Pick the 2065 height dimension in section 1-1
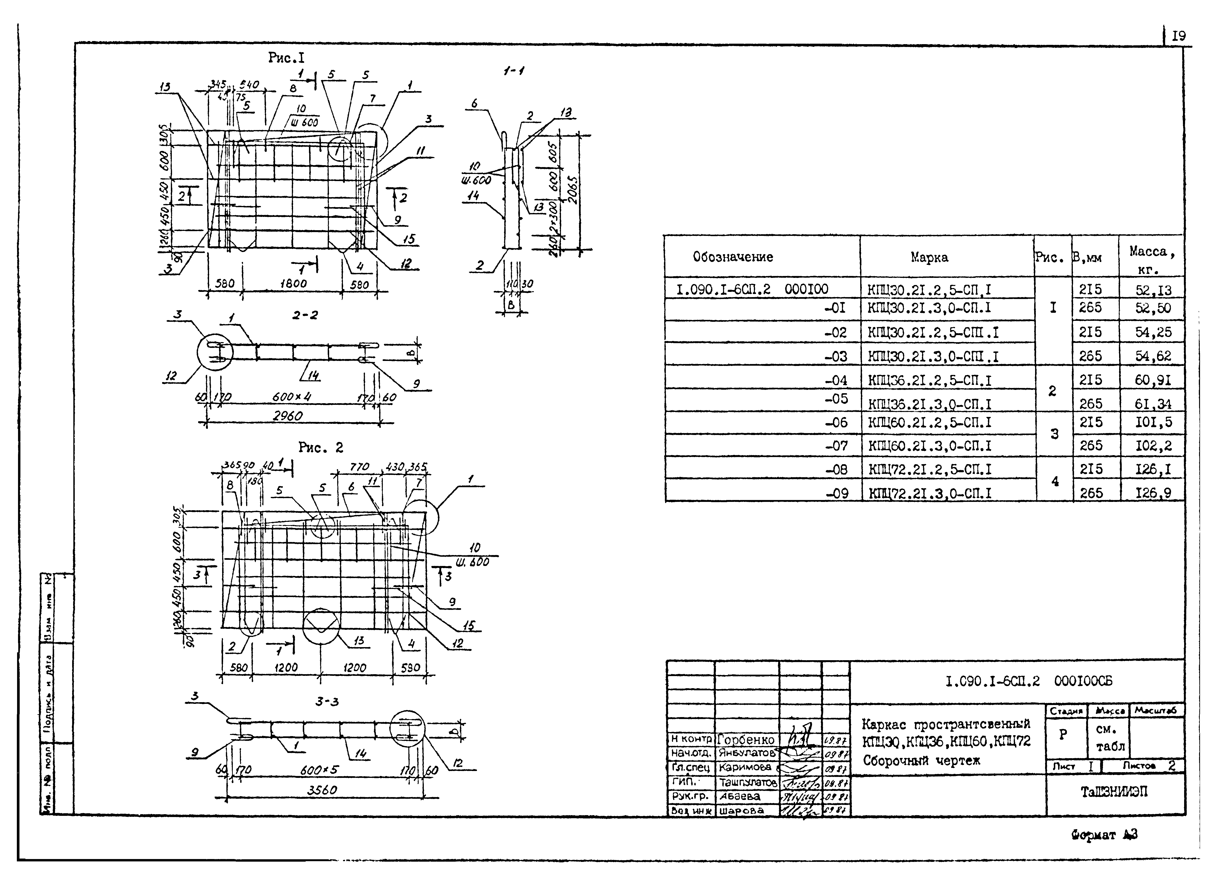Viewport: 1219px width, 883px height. click(573, 192)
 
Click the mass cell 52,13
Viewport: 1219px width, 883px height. click(1153, 290)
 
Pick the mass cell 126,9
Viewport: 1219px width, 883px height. click(1153, 492)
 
